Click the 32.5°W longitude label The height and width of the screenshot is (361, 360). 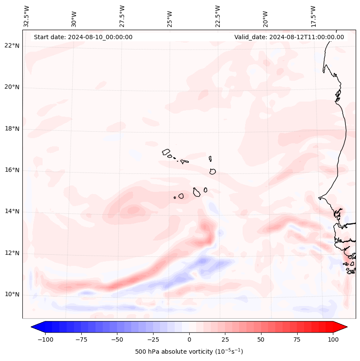pos(27,16)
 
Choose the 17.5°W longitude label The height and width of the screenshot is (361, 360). pos(314,16)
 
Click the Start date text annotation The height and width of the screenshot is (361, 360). pos(83,37)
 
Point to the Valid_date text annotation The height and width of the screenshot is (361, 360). pos(289,37)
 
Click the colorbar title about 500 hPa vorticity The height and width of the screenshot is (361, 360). pos(189,352)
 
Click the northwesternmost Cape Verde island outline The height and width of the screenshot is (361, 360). pos(166,152)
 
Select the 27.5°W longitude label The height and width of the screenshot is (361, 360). pos(123,16)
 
